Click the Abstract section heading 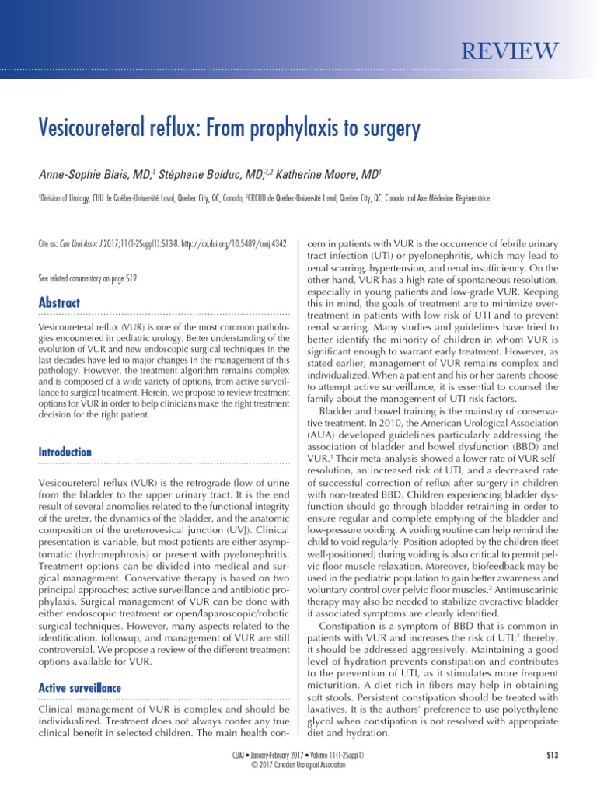(59, 302)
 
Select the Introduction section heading (65, 452)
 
